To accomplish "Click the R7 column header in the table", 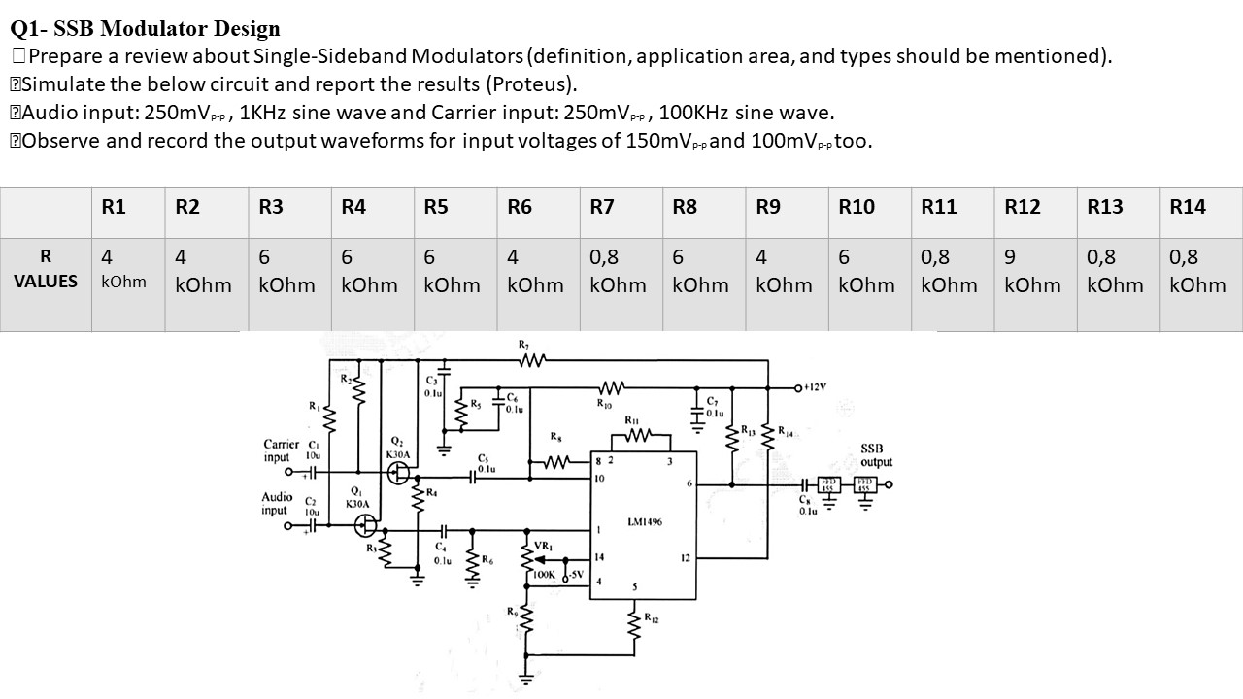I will coord(602,206).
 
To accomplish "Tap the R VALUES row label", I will coord(46,269).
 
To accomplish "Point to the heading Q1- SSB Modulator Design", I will coord(145,29).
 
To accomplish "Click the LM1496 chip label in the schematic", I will coord(644,522).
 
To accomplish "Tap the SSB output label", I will coord(871,455).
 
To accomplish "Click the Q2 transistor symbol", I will coord(398,474).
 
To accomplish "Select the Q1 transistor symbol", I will coord(366,525).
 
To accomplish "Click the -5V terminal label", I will coord(574,574).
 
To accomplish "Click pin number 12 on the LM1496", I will coord(684,558).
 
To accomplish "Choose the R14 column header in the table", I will coord(1188,206).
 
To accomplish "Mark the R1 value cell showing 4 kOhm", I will coord(123,271).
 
